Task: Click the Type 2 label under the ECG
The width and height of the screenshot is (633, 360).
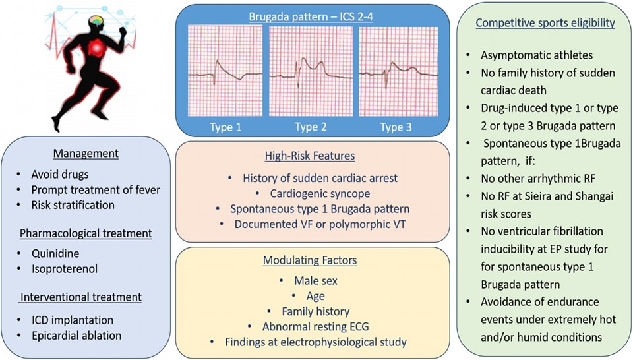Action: [311, 127]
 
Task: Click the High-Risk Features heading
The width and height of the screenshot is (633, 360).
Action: [311, 156]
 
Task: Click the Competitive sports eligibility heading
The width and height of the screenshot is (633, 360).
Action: [545, 23]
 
